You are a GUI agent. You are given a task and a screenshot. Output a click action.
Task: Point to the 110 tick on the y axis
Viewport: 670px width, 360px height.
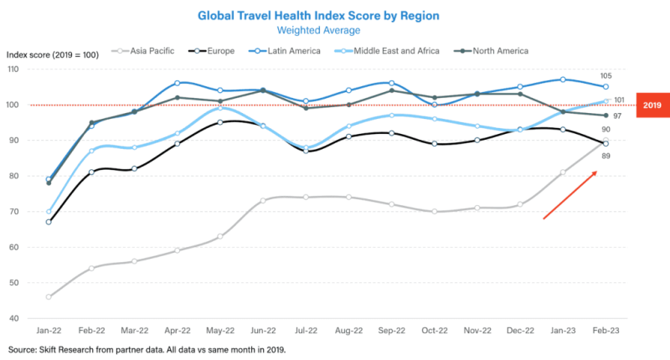(x=16, y=69)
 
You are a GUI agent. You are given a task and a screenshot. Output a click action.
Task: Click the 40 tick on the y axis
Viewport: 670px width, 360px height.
(x=16, y=319)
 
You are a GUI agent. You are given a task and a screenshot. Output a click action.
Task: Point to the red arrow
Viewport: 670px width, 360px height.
(x=570, y=194)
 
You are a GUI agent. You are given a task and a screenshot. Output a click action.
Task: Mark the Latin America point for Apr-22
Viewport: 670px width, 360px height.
(x=178, y=83)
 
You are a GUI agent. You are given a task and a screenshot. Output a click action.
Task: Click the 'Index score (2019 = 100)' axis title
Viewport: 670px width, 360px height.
(x=53, y=54)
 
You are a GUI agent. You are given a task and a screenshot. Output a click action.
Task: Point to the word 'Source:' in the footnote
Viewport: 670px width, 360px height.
(x=26, y=349)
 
